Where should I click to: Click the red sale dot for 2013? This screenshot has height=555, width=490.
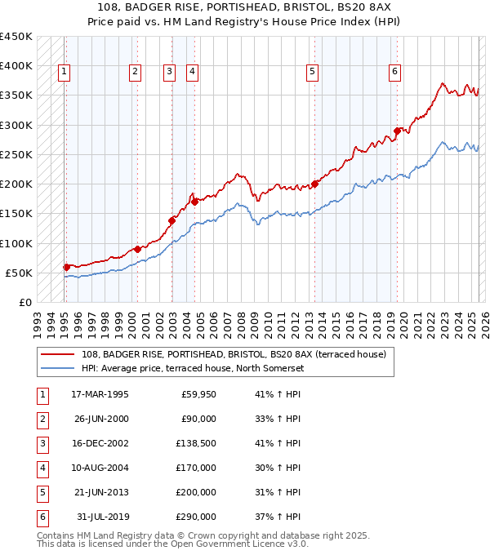315,184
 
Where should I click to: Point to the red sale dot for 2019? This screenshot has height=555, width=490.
397,131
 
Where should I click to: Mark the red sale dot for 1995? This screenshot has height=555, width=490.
66,267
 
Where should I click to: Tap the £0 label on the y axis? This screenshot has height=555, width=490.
25,302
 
